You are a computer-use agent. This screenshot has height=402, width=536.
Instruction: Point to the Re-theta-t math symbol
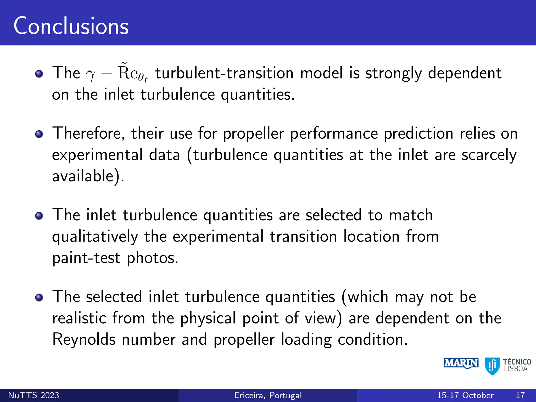(132, 73)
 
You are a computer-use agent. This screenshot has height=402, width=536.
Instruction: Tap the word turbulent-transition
(224, 73)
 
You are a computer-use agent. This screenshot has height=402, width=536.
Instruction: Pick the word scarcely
(489, 155)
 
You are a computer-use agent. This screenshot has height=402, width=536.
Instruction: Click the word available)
(88, 176)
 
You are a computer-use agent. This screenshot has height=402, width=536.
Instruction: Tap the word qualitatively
(95, 237)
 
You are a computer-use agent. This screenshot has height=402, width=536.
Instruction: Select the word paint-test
(86, 258)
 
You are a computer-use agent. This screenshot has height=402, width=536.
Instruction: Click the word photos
(152, 258)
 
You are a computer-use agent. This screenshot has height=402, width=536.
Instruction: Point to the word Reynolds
(84, 340)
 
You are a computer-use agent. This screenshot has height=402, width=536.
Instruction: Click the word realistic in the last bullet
(79, 318)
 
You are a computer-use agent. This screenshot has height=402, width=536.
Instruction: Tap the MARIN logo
(461, 363)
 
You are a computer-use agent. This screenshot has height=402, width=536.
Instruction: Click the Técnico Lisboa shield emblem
(492, 366)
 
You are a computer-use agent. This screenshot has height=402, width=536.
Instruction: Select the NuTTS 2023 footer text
(33, 395)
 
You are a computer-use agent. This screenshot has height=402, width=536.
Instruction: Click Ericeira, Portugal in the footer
(268, 395)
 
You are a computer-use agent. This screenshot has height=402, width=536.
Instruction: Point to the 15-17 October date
(465, 395)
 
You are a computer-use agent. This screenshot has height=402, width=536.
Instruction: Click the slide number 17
(520, 395)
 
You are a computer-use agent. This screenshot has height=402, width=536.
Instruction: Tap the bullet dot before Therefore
(39, 134)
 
